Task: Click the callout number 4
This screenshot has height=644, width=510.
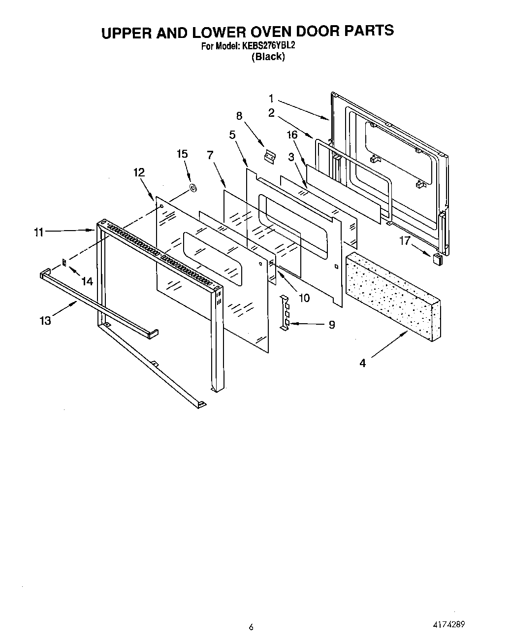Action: click(x=363, y=364)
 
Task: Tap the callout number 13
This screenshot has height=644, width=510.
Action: click(x=45, y=321)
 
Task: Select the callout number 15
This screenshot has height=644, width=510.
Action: click(x=182, y=154)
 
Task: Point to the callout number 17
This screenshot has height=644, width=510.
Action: click(x=405, y=242)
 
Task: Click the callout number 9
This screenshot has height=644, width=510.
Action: click(x=331, y=325)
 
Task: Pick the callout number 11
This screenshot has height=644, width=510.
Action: click(x=39, y=233)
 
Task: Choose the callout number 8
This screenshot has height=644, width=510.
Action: click(x=239, y=116)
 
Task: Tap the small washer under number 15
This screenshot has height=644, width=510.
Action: click(x=193, y=188)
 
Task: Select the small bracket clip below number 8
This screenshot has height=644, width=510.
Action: click(x=269, y=156)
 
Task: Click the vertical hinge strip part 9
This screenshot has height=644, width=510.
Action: click(x=285, y=313)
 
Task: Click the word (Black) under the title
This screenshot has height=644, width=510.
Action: click(x=268, y=57)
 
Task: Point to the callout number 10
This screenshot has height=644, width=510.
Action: click(x=304, y=298)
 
